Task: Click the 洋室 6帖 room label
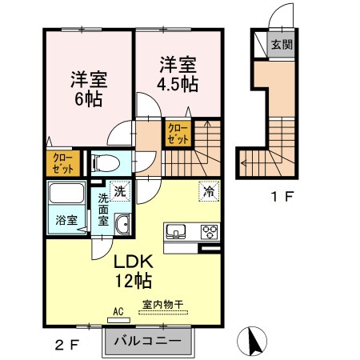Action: (x=89, y=90)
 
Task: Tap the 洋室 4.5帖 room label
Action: (x=178, y=74)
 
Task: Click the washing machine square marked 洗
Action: (x=118, y=191)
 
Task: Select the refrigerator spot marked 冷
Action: (x=208, y=191)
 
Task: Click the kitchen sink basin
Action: (x=176, y=233)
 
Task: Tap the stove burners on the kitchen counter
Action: (x=210, y=233)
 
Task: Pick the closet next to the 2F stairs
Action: (x=178, y=133)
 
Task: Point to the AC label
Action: (x=117, y=311)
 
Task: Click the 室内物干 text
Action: (x=163, y=304)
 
